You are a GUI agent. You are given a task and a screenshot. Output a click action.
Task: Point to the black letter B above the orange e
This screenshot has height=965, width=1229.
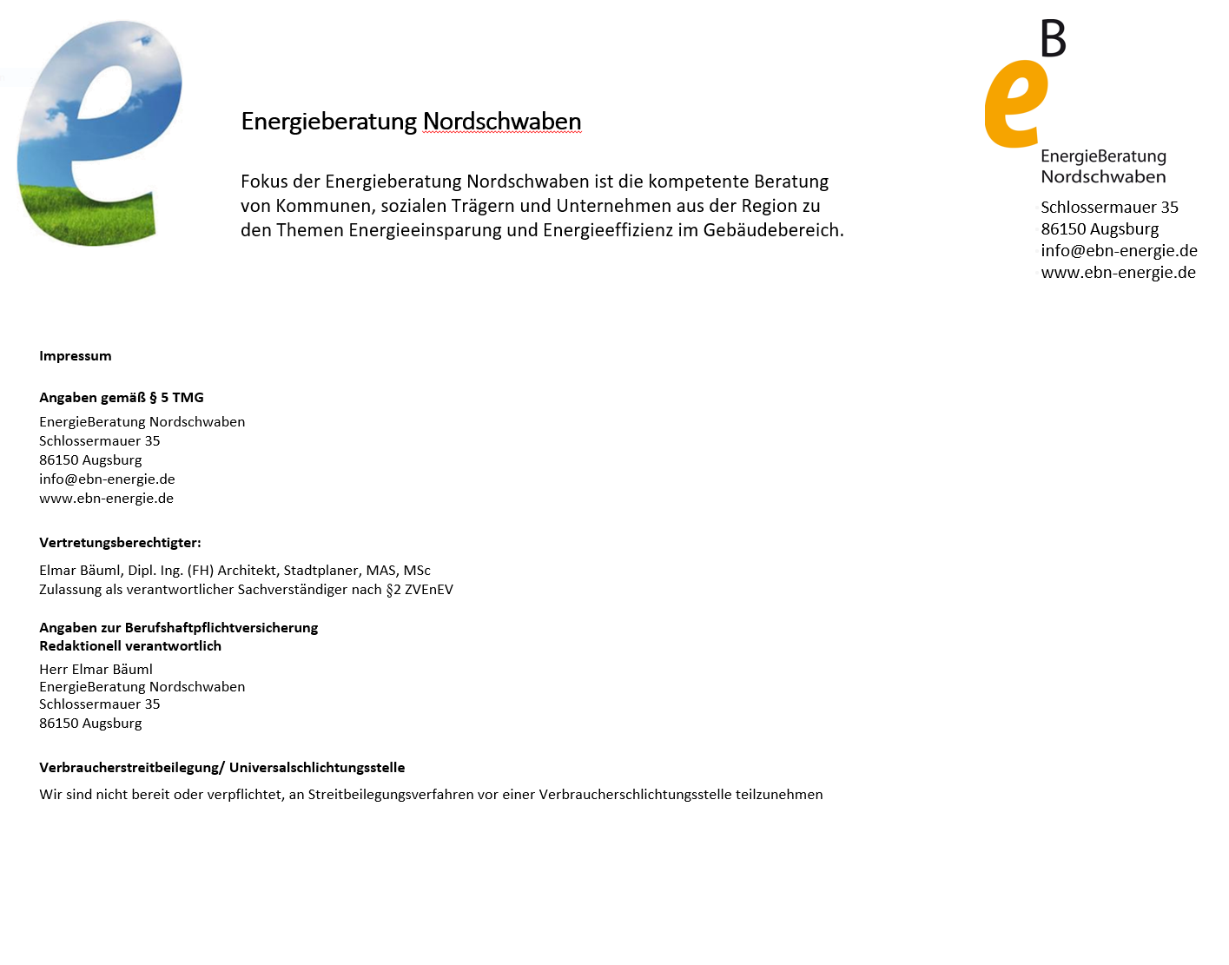tap(1053, 39)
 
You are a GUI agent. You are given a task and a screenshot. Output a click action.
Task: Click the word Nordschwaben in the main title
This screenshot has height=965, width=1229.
tap(502, 122)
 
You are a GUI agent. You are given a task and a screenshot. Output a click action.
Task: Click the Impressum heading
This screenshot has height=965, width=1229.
tap(76, 356)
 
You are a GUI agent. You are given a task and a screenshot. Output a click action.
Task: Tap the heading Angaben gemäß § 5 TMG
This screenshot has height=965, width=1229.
tap(122, 398)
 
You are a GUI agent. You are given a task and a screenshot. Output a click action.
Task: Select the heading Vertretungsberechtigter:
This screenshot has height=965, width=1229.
tap(120, 543)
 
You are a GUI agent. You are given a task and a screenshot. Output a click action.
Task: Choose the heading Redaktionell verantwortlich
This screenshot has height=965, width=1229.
tap(130, 646)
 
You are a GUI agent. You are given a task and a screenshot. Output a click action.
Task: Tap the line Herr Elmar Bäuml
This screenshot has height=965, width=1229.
tap(96, 670)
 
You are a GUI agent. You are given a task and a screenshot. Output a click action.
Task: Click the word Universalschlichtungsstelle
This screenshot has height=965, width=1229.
tap(317, 768)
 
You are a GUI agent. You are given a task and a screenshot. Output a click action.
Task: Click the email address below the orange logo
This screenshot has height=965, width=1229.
tap(1119, 251)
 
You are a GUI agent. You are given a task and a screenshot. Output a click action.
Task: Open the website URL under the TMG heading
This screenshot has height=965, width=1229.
tap(106, 499)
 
